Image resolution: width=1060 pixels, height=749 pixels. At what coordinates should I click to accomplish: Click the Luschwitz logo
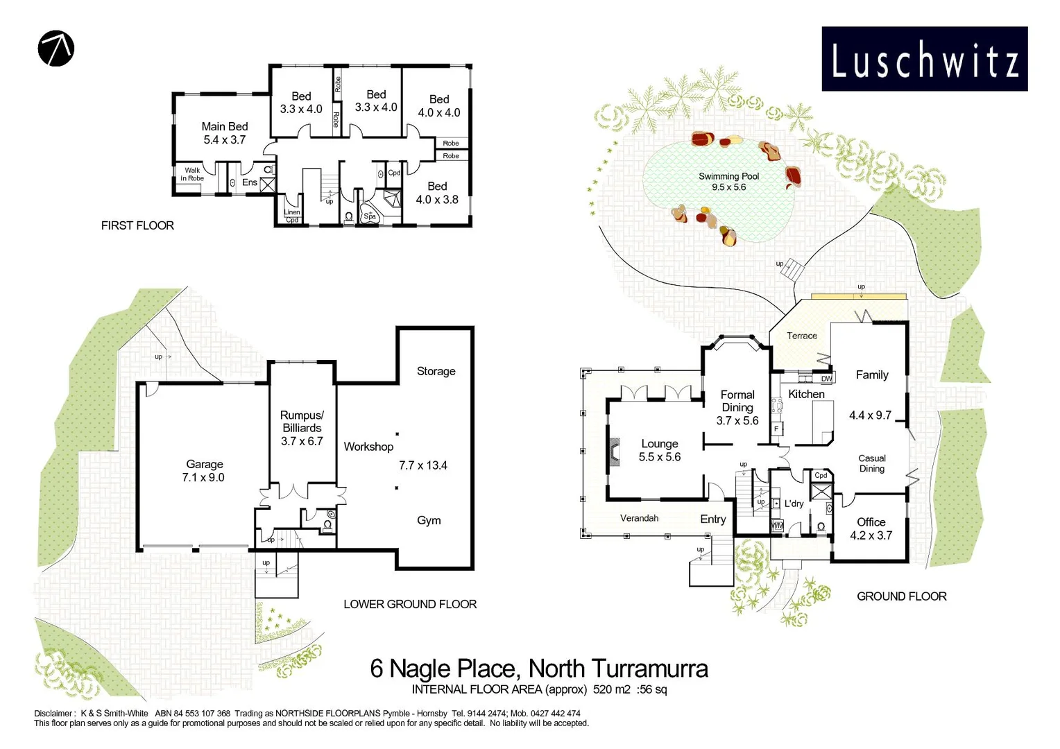coord(924,59)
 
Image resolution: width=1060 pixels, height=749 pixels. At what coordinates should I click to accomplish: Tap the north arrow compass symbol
coord(55,49)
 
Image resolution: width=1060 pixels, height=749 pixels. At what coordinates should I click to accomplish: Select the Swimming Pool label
coord(728,182)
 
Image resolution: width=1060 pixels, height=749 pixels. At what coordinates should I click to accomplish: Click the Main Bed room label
coord(225,133)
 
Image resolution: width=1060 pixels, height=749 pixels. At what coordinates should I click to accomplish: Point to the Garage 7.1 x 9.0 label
coord(204,471)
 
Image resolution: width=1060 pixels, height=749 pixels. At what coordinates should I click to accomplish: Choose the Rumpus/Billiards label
coord(302,428)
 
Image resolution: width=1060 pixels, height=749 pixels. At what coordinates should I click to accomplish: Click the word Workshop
coord(368,447)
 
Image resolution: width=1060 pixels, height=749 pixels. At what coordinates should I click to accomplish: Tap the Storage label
coord(436,371)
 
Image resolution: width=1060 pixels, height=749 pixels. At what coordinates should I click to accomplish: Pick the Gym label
coord(429,520)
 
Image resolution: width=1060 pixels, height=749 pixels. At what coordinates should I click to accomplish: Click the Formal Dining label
coord(737,407)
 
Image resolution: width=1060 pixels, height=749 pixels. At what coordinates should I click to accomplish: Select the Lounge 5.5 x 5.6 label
coord(660,450)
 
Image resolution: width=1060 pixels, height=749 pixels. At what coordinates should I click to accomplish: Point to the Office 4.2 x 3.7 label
coord(871,528)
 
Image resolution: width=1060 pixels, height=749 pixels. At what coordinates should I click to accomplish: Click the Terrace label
coord(802,336)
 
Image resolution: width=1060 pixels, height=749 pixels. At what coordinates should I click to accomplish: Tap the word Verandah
coord(639,518)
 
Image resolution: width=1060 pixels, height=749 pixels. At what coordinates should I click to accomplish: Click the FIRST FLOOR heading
coord(137,225)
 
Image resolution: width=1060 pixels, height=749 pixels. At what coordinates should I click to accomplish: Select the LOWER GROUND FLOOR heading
coord(410,604)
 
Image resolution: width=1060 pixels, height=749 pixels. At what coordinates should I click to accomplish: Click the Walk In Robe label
coord(192,174)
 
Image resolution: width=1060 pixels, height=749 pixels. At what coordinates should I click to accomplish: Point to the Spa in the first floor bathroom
coord(370,214)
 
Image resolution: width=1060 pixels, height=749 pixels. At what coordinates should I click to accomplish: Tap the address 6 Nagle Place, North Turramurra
coord(539,669)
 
